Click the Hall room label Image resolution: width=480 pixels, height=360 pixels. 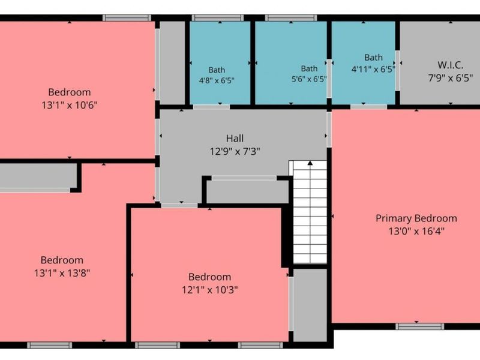point(235,139)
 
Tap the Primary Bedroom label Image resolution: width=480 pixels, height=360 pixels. point(416,218)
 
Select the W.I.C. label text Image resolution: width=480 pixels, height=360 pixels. point(451,65)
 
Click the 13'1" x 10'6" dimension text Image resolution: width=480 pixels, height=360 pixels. point(70,106)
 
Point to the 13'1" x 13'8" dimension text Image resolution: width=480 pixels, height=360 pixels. point(62,273)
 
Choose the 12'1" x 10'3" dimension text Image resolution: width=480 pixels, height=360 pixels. point(209,290)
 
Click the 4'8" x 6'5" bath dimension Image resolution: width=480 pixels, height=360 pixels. point(217,80)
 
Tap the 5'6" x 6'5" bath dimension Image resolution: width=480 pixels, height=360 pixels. point(309,79)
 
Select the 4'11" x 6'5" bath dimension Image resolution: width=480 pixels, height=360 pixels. point(373,69)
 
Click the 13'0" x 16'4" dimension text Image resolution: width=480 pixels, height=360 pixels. point(416,231)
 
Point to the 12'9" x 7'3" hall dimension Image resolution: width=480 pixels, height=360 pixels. point(235,151)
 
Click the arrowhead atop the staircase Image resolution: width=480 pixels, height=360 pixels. point(310,163)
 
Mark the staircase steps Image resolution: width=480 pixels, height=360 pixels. point(310,212)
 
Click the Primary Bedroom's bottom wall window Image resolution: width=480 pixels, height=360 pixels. point(419,326)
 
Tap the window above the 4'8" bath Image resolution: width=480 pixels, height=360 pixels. point(217,18)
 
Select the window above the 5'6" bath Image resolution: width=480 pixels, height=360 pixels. point(291,18)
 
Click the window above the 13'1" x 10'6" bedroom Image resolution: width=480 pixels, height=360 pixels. point(127,18)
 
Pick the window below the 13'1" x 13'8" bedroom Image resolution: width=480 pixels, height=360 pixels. point(50,346)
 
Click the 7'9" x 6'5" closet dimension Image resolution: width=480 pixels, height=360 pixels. point(451,78)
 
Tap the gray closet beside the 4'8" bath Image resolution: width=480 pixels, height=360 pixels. point(172,63)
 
